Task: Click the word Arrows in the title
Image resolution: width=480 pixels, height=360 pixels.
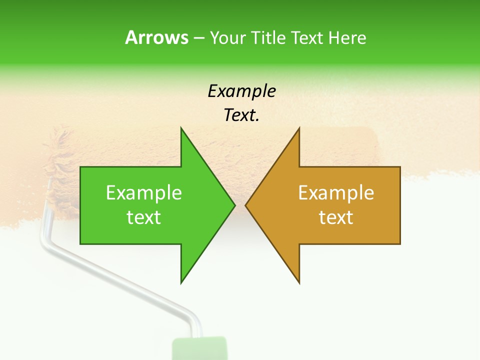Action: pos(156,37)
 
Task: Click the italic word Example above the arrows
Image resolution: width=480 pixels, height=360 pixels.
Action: pos(241,91)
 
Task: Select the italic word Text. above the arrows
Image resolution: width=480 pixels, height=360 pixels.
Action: pos(241,115)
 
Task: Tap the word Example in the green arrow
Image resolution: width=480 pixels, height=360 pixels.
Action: pos(144,193)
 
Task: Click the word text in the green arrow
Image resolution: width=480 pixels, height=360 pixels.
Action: pos(144,217)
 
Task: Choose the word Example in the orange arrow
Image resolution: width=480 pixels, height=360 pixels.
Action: pos(336,193)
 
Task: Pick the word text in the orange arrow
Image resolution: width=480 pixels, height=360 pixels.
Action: pos(336,217)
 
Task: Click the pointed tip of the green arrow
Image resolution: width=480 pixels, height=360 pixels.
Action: pos(234,205)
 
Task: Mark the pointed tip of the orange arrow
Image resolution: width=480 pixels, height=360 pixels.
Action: pos(246,205)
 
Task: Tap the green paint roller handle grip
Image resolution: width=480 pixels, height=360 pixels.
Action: pos(199,348)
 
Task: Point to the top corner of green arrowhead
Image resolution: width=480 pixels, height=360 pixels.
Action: pos(181,129)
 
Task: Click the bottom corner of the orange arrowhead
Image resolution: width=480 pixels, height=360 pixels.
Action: pos(299,282)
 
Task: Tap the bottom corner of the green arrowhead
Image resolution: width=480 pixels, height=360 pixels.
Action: pos(181,282)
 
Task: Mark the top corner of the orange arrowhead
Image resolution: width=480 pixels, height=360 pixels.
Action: pos(299,129)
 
